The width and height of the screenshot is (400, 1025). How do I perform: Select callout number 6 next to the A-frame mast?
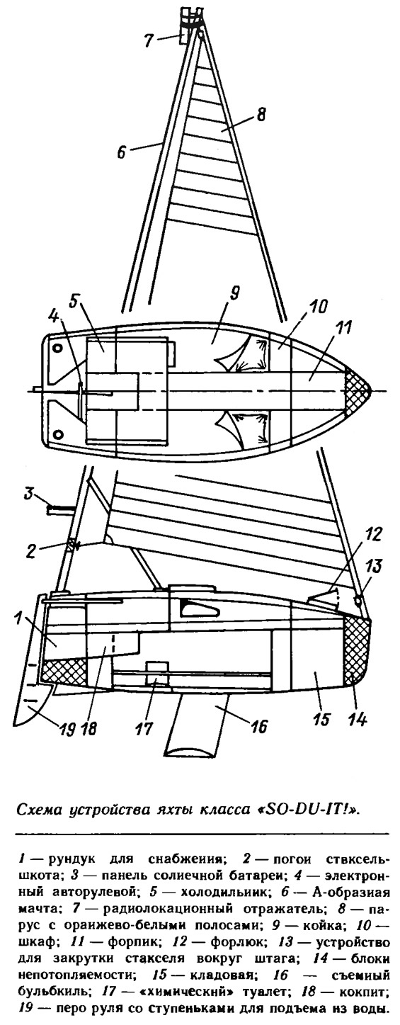pyautogui.click(x=121, y=152)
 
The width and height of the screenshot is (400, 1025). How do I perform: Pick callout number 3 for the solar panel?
pyautogui.click(x=29, y=494)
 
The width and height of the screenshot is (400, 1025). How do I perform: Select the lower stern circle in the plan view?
pyautogui.click(x=57, y=433)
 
